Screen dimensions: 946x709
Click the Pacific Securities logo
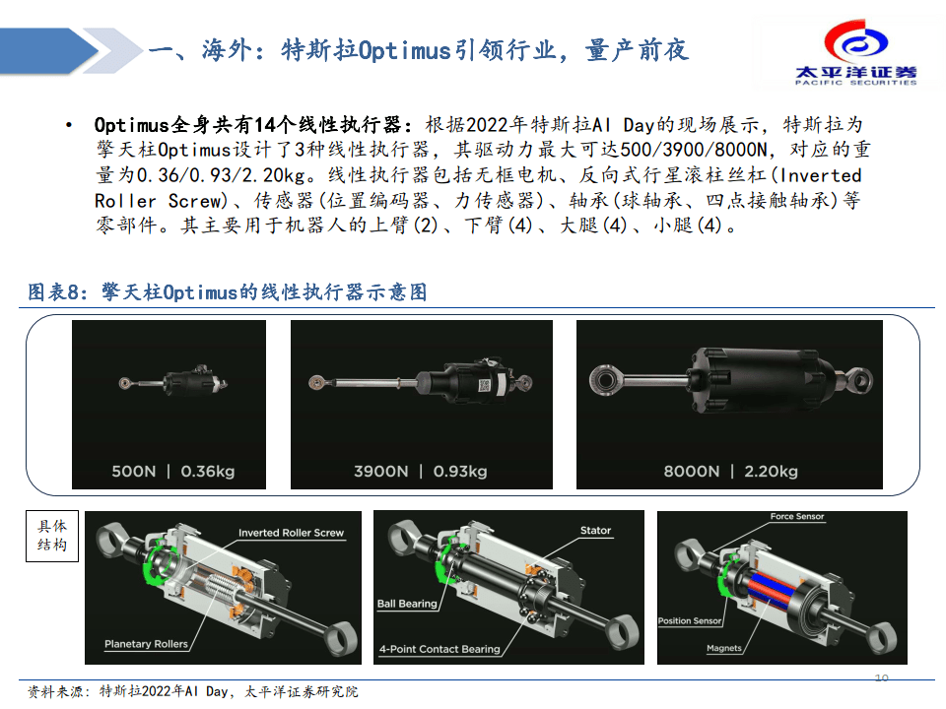tap(855, 52)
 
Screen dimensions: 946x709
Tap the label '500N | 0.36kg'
tap(173, 472)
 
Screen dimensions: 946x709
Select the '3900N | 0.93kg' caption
tap(421, 472)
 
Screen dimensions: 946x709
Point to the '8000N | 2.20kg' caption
tap(730, 472)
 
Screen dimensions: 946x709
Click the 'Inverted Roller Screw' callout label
tap(291, 533)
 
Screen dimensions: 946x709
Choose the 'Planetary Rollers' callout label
tap(146, 644)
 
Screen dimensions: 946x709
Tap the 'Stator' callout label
tap(595, 531)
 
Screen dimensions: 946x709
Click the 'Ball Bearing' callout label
tap(407, 604)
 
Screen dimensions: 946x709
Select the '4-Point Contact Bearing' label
tap(439, 649)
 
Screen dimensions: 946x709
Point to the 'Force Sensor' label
tap(797, 517)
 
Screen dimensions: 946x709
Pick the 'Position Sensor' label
tap(690, 621)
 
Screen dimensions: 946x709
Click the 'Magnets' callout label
tap(724, 649)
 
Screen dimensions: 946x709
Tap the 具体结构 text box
tap(52, 536)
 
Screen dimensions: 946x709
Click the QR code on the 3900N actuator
tap(484, 385)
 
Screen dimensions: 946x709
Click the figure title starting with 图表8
tap(228, 292)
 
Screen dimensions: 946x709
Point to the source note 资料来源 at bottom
tap(192, 691)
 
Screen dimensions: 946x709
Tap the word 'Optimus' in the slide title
tap(405, 50)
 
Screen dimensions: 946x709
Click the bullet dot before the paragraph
tap(69, 126)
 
